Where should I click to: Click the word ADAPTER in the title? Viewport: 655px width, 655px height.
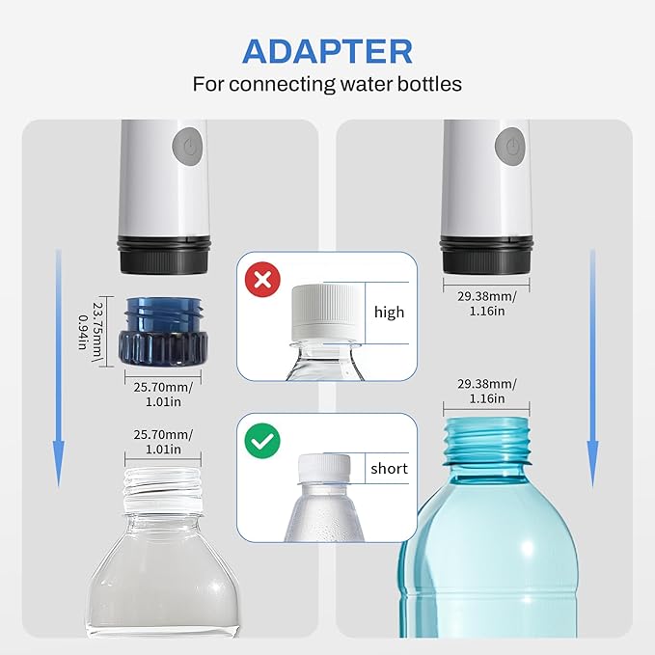(327, 51)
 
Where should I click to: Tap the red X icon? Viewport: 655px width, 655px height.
(262, 279)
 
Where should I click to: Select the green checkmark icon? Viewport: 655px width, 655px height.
(262, 441)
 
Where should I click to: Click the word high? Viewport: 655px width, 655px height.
(389, 312)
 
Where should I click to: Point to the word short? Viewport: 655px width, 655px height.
(389, 468)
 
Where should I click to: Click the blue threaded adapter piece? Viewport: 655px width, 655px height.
(163, 332)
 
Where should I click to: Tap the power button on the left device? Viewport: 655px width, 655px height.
(187, 147)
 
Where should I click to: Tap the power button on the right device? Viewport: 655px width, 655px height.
(509, 147)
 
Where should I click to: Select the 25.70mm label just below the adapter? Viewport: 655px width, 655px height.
(163, 394)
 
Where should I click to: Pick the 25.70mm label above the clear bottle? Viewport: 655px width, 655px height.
(163, 442)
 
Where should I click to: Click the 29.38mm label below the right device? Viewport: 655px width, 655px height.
(486, 304)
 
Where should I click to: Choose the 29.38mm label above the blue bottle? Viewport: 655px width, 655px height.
(486, 391)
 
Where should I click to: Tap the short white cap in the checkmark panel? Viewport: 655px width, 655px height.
(324, 469)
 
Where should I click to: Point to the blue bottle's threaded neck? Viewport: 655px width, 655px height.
(486, 441)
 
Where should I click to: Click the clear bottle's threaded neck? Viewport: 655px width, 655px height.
(163, 490)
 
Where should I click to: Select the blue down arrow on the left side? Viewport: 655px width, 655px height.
(59, 368)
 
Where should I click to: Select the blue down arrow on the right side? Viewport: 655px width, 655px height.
(592, 368)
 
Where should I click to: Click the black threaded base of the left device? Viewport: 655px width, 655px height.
(163, 255)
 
